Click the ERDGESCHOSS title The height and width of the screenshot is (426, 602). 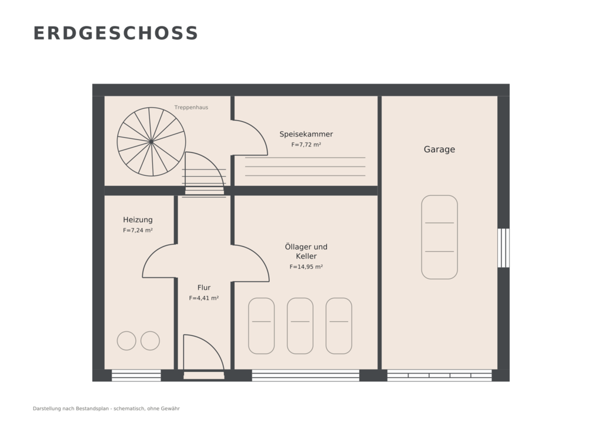(x=116, y=34)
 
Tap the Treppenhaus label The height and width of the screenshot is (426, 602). (x=191, y=107)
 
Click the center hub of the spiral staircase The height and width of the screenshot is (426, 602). (x=151, y=142)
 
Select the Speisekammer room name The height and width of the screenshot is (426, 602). (x=306, y=134)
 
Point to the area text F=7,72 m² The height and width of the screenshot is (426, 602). (x=306, y=145)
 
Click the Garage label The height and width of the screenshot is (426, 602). (x=439, y=149)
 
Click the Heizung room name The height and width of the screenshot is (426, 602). (x=138, y=219)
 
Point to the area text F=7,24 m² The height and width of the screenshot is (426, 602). (x=138, y=231)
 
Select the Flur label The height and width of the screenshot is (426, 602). (x=204, y=287)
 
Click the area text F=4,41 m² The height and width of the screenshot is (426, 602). (x=204, y=298)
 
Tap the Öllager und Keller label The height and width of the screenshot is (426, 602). (x=306, y=251)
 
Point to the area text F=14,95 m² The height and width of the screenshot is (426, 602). (x=306, y=267)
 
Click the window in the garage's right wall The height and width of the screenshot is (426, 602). (x=503, y=248)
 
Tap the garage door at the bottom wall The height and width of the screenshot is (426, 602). (x=439, y=375)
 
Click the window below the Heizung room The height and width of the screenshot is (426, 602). (x=136, y=375)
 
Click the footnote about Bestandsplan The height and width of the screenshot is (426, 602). (x=106, y=408)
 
